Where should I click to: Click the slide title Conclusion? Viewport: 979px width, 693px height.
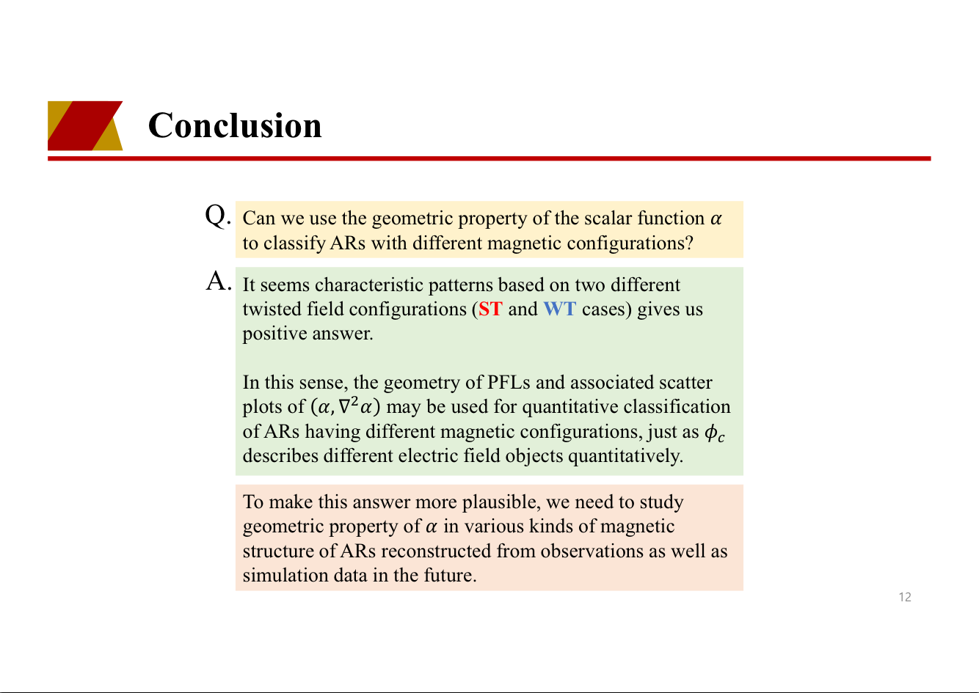pos(235,125)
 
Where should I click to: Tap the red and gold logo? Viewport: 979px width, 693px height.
pos(85,125)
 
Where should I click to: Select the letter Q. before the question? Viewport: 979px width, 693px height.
pos(218,216)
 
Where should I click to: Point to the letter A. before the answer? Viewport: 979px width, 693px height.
pos(219,281)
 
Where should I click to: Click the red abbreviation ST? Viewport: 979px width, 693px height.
pos(490,309)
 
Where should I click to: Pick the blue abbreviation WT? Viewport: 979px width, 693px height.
pos(560,309)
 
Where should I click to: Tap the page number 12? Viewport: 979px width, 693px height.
pos(905,597)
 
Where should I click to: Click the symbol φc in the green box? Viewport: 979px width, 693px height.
pos(715,433)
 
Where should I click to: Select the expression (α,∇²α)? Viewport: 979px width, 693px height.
pos(345,406)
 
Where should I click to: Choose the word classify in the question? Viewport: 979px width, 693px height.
pos(294,243)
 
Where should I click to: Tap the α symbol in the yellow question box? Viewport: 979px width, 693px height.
pos(716,219)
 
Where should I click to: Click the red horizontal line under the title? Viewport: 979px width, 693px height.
pos(489,158)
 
